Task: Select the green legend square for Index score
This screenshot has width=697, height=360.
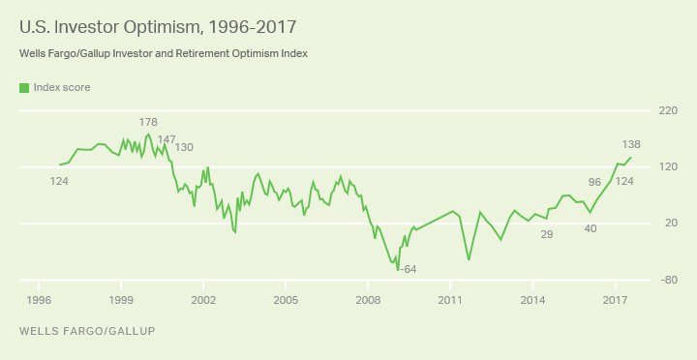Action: click(23, 88)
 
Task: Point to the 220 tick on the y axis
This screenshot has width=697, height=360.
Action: click(668, 111)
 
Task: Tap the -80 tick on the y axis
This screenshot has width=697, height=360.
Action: click(668, 281)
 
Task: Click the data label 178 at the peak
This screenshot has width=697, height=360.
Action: click(148, 123)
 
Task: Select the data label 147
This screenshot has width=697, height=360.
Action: click(167, 139)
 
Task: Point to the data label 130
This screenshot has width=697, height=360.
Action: click(184, 147)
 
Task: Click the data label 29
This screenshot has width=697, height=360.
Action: click(546, 234)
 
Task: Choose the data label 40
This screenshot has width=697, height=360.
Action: click(591, 228)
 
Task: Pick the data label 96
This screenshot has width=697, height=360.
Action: click(595, 181)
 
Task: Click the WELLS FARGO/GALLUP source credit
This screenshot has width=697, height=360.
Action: click(86, 331)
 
